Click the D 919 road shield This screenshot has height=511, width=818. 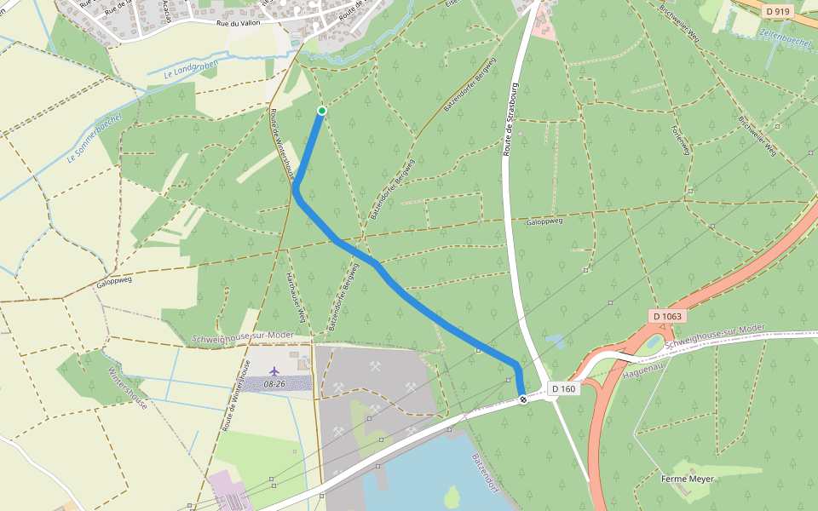click(x=778, y=11)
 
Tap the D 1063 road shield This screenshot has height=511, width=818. click(x=667, y=316)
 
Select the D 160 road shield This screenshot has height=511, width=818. click(x=563, y=389)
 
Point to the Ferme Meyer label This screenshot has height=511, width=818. click(x=687, y=479)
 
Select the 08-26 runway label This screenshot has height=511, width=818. click(x=274, y=384)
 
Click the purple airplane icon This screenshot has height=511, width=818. click(x=274, y=371)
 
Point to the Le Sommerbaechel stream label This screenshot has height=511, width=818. click(x=95, y=138)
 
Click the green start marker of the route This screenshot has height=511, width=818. click(x=322, y=111)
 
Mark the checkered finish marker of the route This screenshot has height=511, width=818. click(x=522, y=398)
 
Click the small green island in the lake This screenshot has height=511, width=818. click(x=452, y=496)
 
